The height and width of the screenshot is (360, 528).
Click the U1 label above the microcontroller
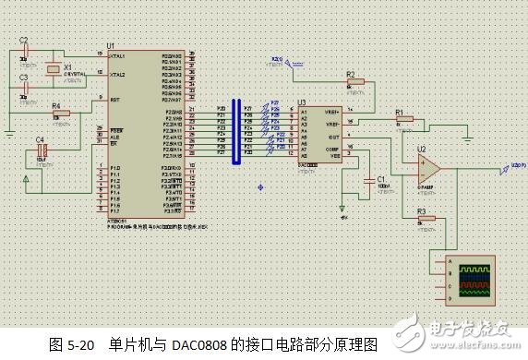(x=111, y=45)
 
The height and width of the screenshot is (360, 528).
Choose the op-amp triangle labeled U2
(x=426, y=166)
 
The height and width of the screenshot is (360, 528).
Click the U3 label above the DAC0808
(x=301, y=103)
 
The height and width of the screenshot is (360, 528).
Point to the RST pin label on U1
(x=114, y=99)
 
